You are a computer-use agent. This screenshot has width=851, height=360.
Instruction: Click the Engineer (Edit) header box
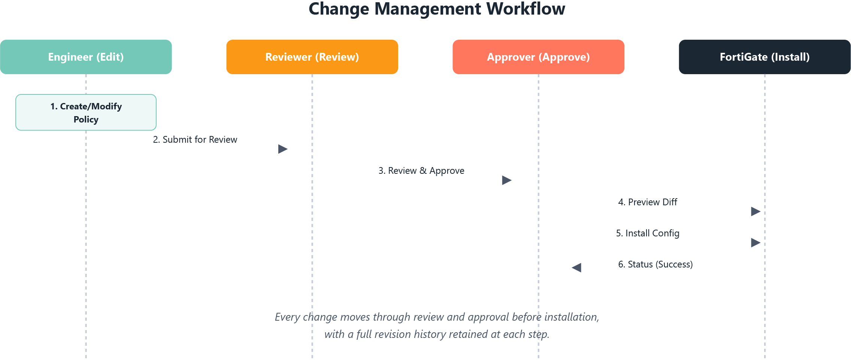(x=86, y=57)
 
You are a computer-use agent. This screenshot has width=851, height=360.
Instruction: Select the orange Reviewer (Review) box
(x=312, y=57)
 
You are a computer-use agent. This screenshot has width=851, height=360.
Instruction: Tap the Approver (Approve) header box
(x=538, y=57)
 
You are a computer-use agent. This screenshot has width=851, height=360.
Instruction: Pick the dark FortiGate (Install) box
(x=764, y=57)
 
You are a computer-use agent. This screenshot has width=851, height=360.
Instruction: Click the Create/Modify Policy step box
(x=86, y=112)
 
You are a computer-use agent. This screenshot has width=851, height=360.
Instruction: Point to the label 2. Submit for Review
(x=195, y=140)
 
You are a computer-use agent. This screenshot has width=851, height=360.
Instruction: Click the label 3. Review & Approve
(x=421, y=171)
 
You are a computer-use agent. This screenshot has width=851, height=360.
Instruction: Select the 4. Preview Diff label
(x=648, y=202)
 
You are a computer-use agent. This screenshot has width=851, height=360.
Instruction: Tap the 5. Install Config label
(x=648, y=233)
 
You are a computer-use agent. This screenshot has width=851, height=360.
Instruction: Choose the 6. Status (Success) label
(x=655, y=264)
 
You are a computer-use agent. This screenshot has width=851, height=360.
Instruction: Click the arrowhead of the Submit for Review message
(x=283, y=149)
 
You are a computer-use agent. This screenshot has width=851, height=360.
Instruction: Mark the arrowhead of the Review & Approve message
(x=507, y=180)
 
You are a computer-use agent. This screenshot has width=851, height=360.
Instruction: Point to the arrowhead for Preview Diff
(x=755, y=212)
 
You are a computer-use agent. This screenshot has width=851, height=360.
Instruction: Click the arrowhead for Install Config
(x=755, y=243)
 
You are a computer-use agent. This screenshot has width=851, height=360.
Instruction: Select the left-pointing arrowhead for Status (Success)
(x=576, y=267)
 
